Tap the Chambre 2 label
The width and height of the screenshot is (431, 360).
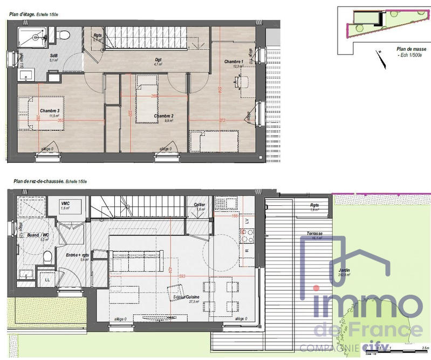pyautogui.click(x=163, y=116)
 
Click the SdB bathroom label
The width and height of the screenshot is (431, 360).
pyautogui.click(x=54, y=56)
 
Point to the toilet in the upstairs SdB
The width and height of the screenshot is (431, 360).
pyautogui.click(x=64, y=35)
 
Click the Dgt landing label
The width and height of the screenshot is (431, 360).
pyautogui.click(x=159, y=59)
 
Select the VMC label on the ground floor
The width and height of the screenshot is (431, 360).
pyautogui.click(x=66, y=203)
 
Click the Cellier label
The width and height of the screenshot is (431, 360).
pyautogui.click(x=199, y=205)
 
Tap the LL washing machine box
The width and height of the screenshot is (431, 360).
pyautogui.click(x=46, y=280)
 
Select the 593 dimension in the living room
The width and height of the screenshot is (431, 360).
pyautogui.click(x=182, y=276)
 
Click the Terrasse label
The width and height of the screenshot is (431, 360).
pyautogui.click(x=314, y=233)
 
